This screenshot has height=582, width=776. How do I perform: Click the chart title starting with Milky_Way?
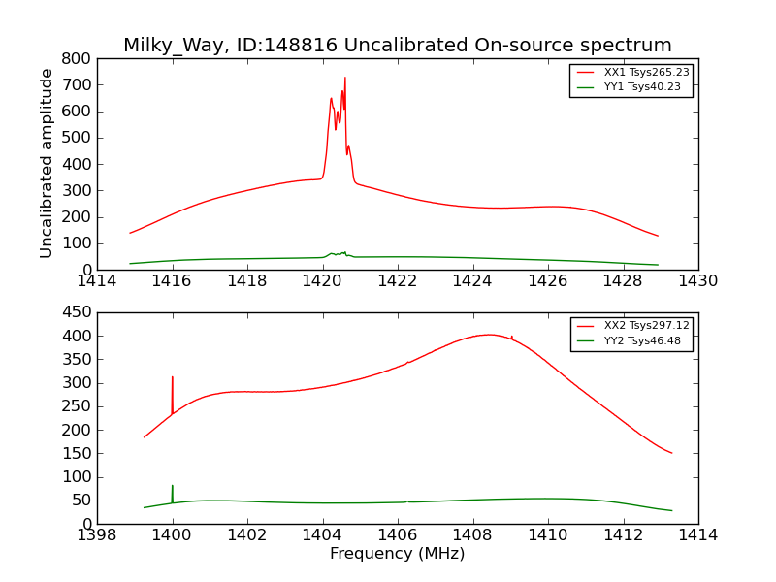[x=397, y=45]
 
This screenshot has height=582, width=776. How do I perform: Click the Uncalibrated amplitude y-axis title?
[x=47, y=163]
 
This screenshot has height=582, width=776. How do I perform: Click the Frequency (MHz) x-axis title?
[x=397, y=554]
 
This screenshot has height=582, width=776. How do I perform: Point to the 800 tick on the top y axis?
[x=78, y=58]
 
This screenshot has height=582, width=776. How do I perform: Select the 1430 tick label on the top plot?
[x=697, y=281]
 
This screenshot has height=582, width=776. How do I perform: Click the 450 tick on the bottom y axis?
[x=78, y=312]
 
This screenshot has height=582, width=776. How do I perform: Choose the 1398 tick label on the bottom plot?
[x=97, y=535]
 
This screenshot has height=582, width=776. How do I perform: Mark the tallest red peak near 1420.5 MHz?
[x=344, y=78]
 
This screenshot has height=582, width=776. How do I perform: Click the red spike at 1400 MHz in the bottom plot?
[x=173, y=377]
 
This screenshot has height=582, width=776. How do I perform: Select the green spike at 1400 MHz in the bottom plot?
[x=173, y=486]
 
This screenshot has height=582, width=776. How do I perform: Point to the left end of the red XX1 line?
[x=130, y=233]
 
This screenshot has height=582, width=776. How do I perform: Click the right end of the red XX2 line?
[x=671, y=453]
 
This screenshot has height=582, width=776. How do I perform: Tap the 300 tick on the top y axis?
[x=78, y=190]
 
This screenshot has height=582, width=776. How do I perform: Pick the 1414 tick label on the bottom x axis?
[x=697, y=535]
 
